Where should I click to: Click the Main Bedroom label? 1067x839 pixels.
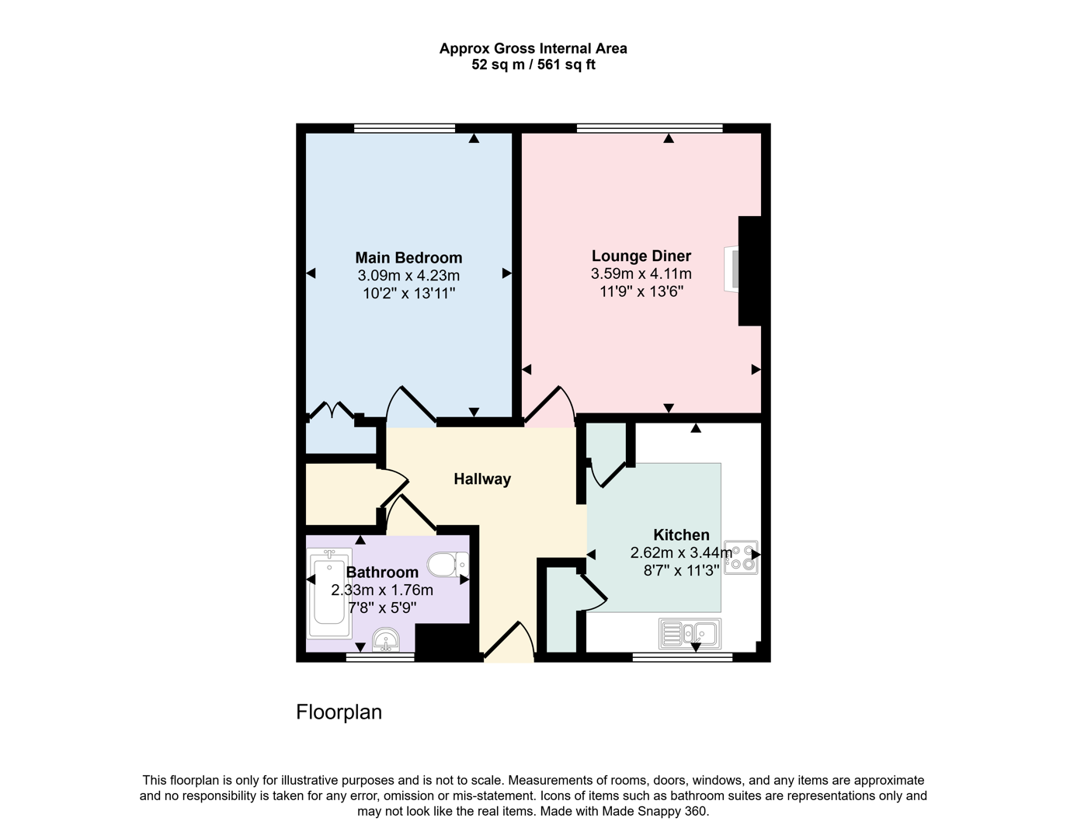pyautogui.click(x=408, y=258)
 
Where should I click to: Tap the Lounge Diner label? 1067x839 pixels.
pyautogui.click(x=641, y=256)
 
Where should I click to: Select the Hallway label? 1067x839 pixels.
pyautogui.click(x=482, y=479)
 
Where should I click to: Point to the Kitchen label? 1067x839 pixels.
pyautogui.click(x=681, y=535)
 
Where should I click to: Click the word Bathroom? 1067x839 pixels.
pyautogui.click(x=382, y=573)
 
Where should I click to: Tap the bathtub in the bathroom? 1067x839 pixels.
pyautogui.click(x=329, y=593)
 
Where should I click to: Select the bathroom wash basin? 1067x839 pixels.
pyautogui.click(x=385, y=640)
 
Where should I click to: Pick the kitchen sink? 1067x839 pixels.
pyautogui.click(x=690, y=633)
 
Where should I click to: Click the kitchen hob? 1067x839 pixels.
pyautogui.click(x=740, y=557)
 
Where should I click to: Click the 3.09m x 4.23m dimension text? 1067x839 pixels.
pyautogui.click(x=408, y=276)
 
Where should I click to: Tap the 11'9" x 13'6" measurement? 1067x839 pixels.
pyautogui.click(x=641, y=292)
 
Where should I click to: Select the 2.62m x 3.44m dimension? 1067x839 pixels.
pyautogui.click(x=680, y=553)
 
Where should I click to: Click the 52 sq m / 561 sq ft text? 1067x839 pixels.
pyautogui.click(x=533, y=65)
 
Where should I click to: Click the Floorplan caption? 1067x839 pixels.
pyautogui.click(x=339, y=712)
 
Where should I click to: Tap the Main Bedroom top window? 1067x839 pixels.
pyautogui.click(x=405, y=128)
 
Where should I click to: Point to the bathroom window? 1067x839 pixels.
pyautogui.click(x=380, y=657)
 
